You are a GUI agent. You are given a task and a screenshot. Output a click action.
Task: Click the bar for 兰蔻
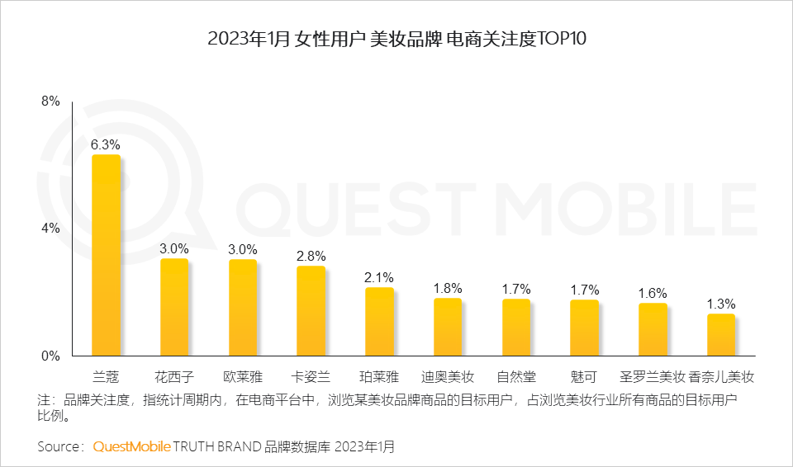(x=105, y=256)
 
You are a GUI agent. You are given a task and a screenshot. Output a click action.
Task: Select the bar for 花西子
(x=173, y=308)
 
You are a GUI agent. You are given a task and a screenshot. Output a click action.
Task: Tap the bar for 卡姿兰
(x=311, y=311)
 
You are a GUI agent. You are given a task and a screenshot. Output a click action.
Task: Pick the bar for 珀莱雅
(x=379, y=322)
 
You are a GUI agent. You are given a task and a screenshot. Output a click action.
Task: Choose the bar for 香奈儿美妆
(x=720, y=335)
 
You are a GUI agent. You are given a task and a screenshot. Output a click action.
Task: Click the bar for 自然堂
(x=515, y=328)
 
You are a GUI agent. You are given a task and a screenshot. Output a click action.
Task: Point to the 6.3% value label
(x=105, y=144)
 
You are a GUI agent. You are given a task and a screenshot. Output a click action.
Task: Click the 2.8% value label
(x=311, y=256)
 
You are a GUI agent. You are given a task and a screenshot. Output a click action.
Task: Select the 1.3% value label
(x=720, y=304)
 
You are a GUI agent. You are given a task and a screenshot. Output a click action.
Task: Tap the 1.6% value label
(x=653, y=293)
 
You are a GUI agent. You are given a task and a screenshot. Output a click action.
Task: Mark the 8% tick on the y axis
(x=50, y=101)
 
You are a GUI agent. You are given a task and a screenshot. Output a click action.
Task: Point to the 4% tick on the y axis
(x=50, y=229)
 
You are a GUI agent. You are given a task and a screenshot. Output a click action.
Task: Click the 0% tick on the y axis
(x=50, y=356)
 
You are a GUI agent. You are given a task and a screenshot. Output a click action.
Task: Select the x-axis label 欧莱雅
(x=243, y=377)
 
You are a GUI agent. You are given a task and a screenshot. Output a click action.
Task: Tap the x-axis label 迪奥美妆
(x=447, y=377)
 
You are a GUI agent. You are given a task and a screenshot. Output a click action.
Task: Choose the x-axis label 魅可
(x=583, y=377)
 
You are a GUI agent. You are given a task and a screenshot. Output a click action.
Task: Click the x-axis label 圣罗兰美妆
(x=653, y=377)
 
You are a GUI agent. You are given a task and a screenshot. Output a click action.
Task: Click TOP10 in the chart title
(x=561, y=39)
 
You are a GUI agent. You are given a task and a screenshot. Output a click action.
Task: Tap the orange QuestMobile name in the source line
(x=131, y=446)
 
